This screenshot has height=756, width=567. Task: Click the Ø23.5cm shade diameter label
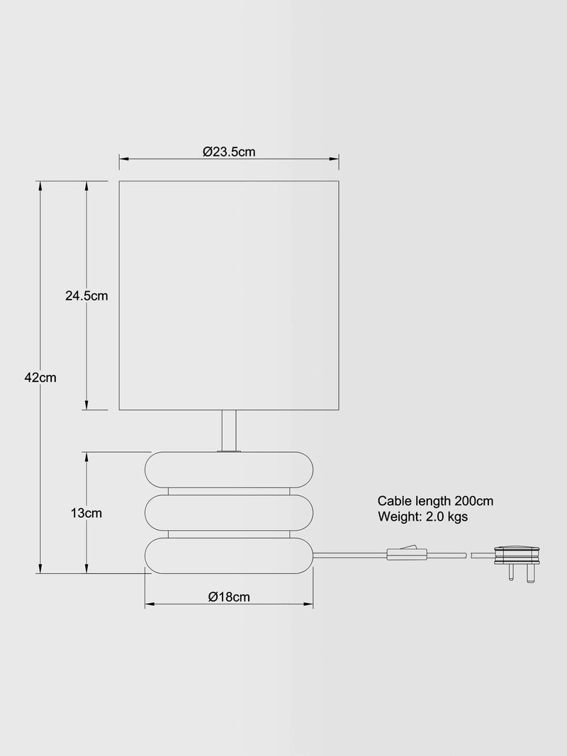coord(229,152)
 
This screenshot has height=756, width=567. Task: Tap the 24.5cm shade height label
coord(86,295)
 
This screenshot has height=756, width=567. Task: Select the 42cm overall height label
coord(40,378)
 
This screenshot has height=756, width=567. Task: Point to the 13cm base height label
coord(86,513)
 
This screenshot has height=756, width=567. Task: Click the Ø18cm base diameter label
coord(229,597)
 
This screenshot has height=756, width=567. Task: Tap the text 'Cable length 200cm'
coord(435,502)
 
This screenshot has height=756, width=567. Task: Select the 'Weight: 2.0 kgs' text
coord(423,517)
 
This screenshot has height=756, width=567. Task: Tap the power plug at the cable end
coord(517,564)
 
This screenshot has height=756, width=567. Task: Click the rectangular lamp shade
coord(229,295)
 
